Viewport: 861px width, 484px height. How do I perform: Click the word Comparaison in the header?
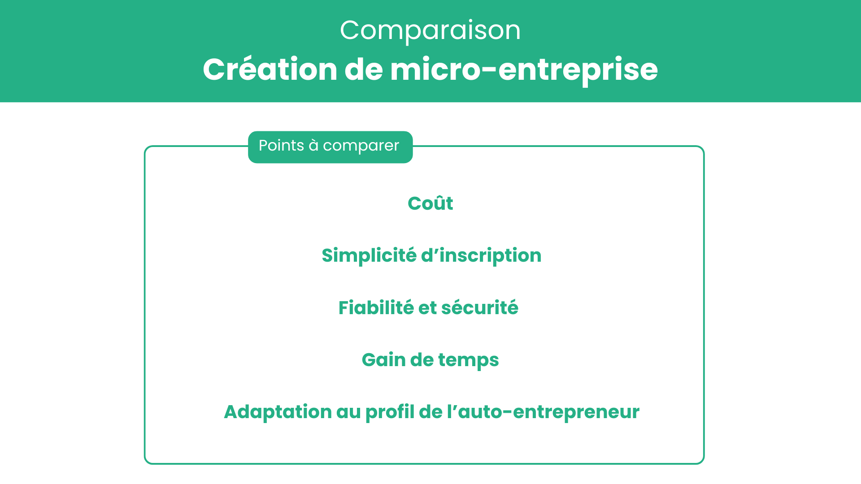coord(430,30)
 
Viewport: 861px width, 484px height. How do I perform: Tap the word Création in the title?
coord(270,69)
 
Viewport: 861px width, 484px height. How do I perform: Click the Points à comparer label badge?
coord(330,147)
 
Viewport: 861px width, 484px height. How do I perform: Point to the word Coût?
coord(430,203)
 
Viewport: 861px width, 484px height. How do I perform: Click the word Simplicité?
coord(369,255)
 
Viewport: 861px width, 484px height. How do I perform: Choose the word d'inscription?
coord(481,255)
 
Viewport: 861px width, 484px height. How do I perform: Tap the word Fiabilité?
coord(376,308)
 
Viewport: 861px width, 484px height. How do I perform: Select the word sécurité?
coord(480,308)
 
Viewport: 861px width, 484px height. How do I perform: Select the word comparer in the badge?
coord(361,146)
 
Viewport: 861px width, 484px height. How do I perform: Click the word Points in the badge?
coord(281,145)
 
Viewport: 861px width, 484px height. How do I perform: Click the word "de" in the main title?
coord(364,69)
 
